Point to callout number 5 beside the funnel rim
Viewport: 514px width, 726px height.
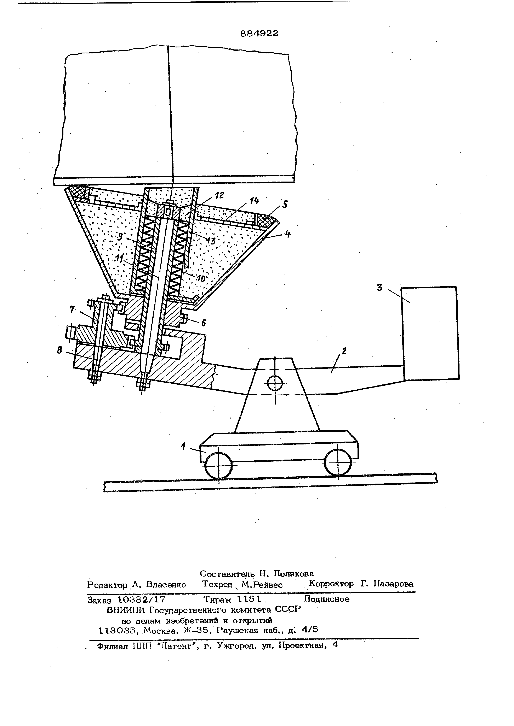(285, 204)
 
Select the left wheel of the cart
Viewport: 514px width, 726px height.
(218, 465)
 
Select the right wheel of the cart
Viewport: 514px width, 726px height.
(338, 462)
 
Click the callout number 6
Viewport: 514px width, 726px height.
(204, 323)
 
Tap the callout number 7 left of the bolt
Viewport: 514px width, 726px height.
(72, 309)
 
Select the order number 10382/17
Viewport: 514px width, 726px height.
(141, 599)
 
